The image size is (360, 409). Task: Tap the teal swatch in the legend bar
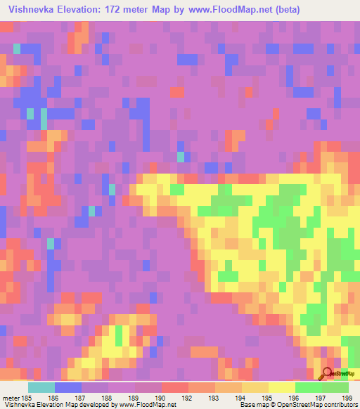tap(41, 387)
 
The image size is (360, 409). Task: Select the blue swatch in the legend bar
tap(68, 387)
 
